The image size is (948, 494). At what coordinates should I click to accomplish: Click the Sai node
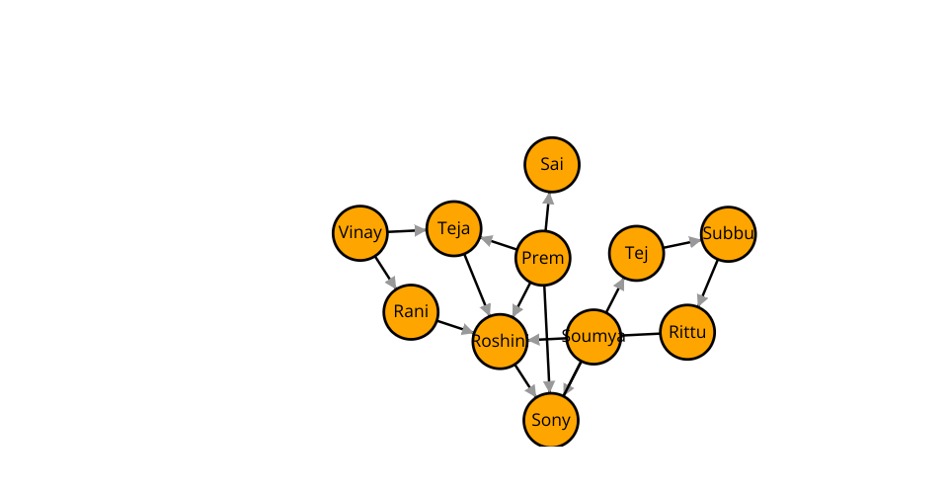(552, 164)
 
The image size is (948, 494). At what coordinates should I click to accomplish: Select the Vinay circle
(359, 233)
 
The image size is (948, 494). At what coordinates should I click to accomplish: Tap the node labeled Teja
(453, 228)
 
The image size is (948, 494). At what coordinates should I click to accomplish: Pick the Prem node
(543, 258)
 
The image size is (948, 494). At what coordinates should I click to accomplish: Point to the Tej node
(637, 253)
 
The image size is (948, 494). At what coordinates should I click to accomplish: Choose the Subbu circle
(729, 234)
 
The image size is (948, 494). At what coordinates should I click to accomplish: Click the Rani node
(411, 312)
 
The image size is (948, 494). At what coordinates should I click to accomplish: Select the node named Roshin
(500, 341)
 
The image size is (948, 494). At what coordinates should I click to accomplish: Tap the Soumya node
(593, 337)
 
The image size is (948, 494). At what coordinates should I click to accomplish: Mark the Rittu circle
(687, 332)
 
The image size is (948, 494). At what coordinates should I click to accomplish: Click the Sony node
(551, 420)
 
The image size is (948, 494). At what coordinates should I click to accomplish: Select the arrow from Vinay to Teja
(406, 231)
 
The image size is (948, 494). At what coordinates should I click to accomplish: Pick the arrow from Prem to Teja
(499, 243)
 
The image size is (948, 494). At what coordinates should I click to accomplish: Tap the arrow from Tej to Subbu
(682, 244)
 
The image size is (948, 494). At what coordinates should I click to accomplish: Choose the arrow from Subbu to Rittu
(708, 283)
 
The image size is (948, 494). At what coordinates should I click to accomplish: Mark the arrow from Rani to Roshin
(455, 326)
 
